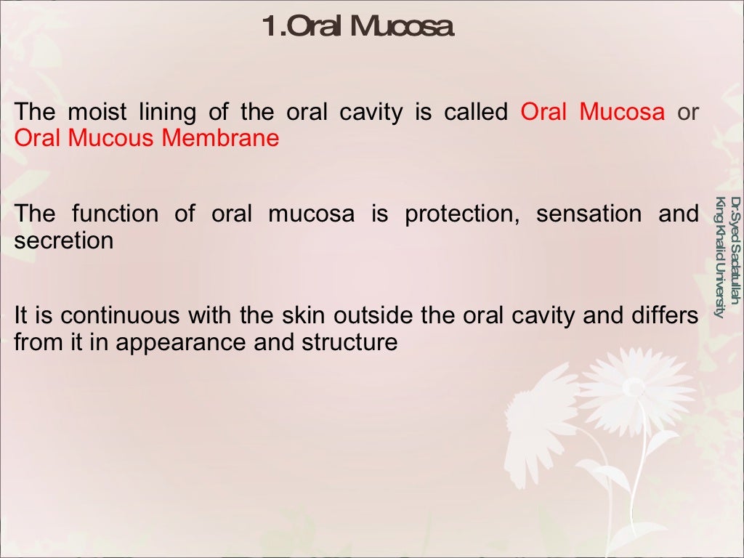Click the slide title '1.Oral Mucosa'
click(358, 27)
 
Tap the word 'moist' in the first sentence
click(97, 113)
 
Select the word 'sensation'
click(589, 214)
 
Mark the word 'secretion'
click(64, 240)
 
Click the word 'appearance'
click(181, 342)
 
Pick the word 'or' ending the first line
click(688, 113)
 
